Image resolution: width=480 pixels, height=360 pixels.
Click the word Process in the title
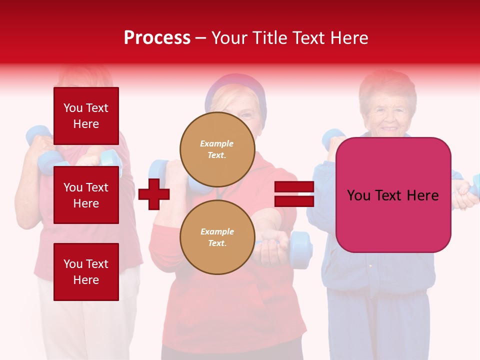pyautogui.click(x=157, y=38)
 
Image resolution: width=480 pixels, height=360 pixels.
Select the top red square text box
pyautogui.click(x=86, y=116)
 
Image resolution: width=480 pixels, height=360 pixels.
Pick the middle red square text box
pyautogui.click(x=86, y=195)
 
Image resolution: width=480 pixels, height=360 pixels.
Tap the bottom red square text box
pyautogui.click(x=86, y=272)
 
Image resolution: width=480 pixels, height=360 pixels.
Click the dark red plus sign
pyautogui.click(x=154, y=194)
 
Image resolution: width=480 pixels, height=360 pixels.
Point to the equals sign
pyautogui.click(x=294, y=194)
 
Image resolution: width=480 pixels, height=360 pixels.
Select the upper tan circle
pyautogui.click(x=217, y=149)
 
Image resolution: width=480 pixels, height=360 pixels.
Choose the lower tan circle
pyautogui.click(x=217, y=237)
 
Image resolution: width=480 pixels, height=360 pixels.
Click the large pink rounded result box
pyautogui.click(x=393, y=195)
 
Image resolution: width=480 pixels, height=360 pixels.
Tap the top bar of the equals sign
pyautogui.click(x=294, y=187)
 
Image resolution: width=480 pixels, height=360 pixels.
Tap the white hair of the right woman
pyautogui.click(x=387, y=82)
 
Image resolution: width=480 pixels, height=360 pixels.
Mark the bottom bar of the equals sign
pyautogui.click(x=294, y=201)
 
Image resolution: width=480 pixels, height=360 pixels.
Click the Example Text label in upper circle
pyautogui.click(x=217, y=149)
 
